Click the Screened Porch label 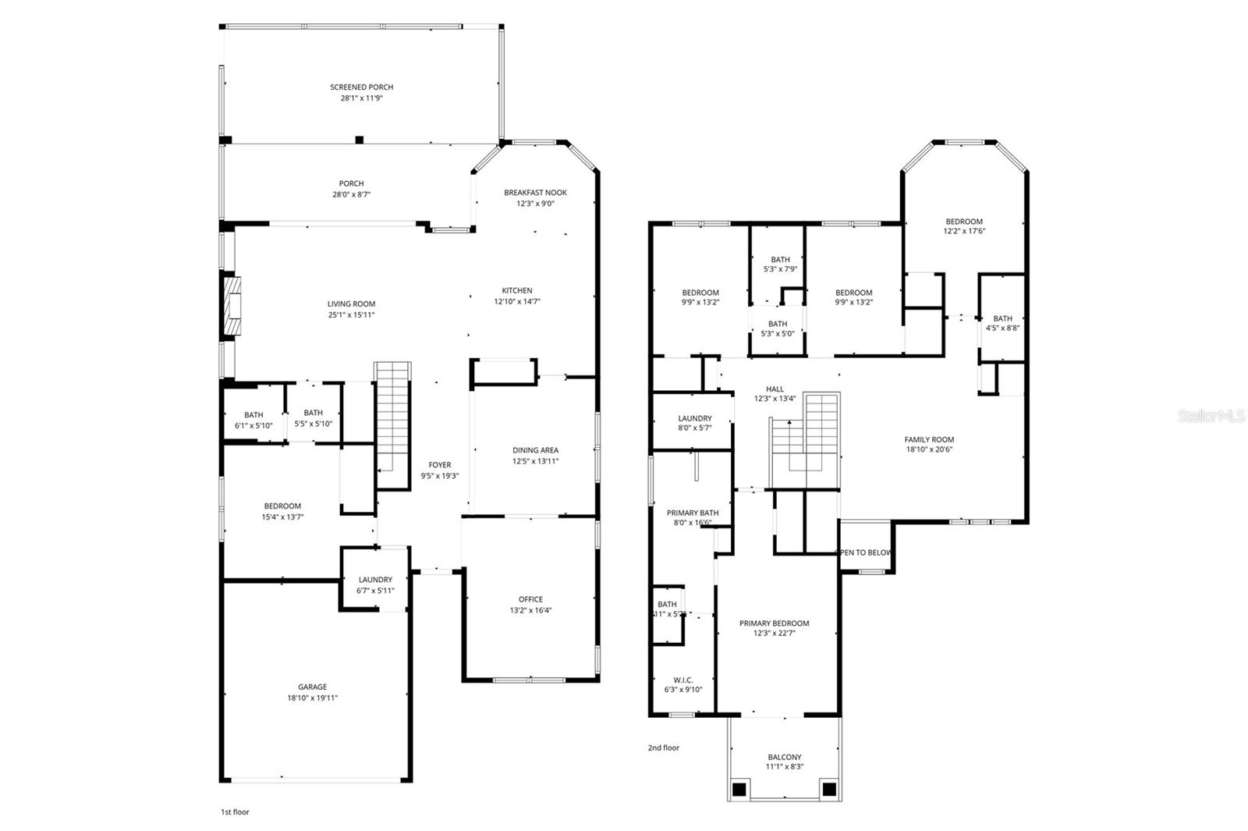pyautogui.click(x=361, y=87)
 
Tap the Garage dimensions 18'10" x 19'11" pyautogui.click(x=312, y=698)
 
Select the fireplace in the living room pyautogui.click(x=232, y=307)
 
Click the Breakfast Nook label pyautogui.click(x=535, y=193)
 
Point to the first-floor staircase pyautogui.click(x=392, y=417)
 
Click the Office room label pyautogui.click(x=530, y=599)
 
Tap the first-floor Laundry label pyautogui.click(x=375, y=580)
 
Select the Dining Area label pyautogui.click(x=535, y=450)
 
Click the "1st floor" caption pyautogui.click(x=235, y=812)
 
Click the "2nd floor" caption pyautogui.click(x=663, y=748)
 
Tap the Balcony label pyautogui.click(x=784, y=757)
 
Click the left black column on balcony pyautogui.click(x=738, y=789)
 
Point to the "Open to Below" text pyautogui.click(x=863, y=552)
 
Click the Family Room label pyautogui.click(x=929, y=439)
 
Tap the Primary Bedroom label pyautogui.click(x=774, y=623)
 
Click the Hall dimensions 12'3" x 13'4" pyautogui.click(x=775, y=399)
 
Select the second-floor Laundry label pyautogui.click(x=694, y=418)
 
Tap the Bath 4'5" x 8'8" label pyautogui.click(x=1002, y=318)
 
